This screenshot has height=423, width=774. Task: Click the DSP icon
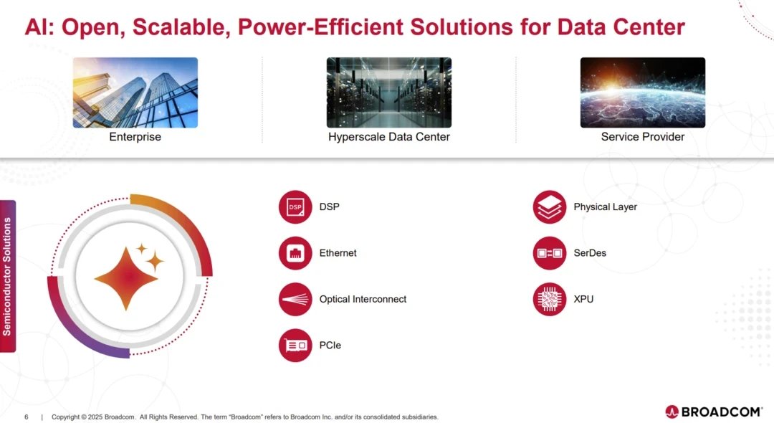[295, 206]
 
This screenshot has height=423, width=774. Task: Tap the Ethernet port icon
[295, 253]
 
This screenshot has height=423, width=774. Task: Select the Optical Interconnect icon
[295, 299]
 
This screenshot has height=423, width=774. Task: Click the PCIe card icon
[295, 346]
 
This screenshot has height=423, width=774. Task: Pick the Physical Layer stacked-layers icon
[550, 206]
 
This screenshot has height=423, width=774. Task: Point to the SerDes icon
[550, 253]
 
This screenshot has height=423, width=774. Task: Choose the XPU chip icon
[550, 299]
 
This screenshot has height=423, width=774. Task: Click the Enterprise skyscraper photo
[135, 92]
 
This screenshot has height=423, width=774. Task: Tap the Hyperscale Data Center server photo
[389, 92]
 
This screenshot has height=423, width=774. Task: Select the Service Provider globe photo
[643, 92]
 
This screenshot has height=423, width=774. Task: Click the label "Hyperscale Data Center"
[389, 137]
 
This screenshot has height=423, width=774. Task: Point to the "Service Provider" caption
[643, 137]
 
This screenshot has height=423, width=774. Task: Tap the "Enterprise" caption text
[135, 137]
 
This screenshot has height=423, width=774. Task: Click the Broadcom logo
[714, 412]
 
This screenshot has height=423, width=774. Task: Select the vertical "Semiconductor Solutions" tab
[7, 277]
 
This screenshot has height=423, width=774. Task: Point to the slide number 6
[27, 417]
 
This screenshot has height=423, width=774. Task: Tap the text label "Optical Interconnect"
[363, 299]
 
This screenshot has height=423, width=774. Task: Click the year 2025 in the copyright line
[95, 417]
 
